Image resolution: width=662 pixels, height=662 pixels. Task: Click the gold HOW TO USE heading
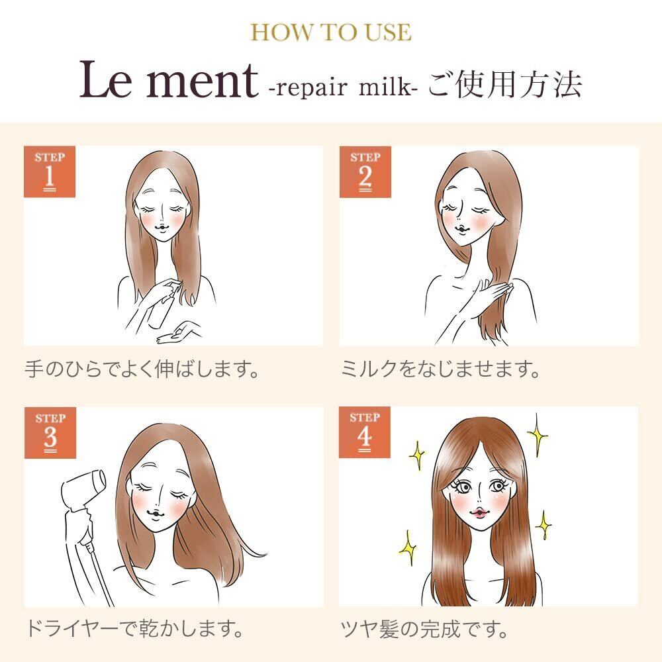pos(331,32)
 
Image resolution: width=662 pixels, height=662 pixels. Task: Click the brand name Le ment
pos(169,80)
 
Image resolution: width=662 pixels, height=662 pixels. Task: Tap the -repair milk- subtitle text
pos(343,87)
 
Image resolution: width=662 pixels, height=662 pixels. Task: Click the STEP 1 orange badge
pos(50,172)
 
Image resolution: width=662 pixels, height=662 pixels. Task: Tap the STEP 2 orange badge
pos(365,172)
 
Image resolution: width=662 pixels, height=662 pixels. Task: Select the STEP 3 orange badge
pos(50,433)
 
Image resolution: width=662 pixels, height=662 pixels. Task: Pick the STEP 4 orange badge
pos(364,432)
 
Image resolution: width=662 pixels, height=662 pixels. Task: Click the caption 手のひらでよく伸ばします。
pos(142,369)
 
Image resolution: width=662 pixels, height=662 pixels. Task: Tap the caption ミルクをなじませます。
pos(440,369)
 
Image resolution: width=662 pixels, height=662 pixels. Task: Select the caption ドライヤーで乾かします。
pos(135,629)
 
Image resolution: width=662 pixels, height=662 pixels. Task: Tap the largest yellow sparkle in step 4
pos(538,435)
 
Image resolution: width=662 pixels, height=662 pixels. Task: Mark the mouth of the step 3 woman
pos(157,514)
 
